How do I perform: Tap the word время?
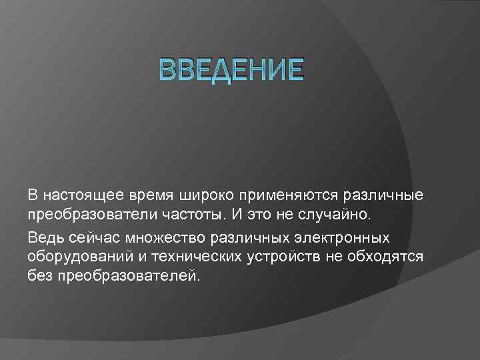pyautogui.click(x=152, y=196)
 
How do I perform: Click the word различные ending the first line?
pyautogui.click(x=383, y=196)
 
